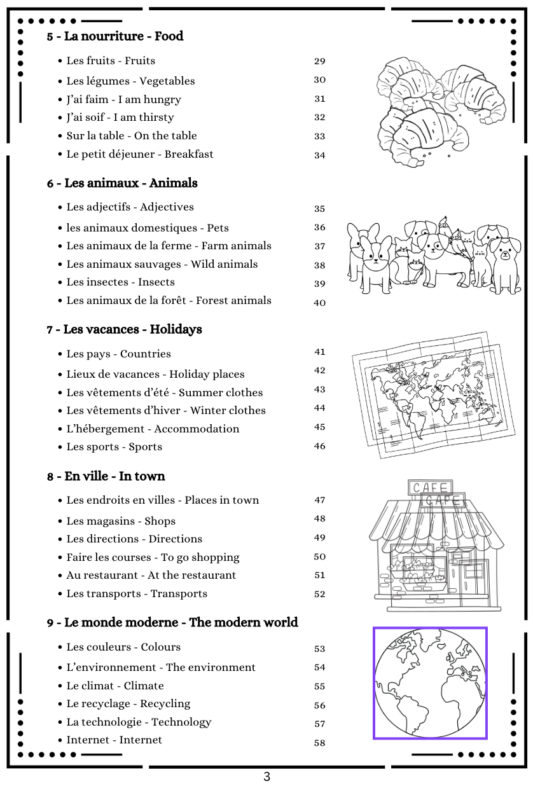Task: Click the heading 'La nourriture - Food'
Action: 115,36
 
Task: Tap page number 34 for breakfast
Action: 319,155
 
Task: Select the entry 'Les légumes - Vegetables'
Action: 130,81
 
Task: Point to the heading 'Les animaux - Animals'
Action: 122,183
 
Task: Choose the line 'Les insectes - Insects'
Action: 120,282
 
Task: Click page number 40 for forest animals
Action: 319,303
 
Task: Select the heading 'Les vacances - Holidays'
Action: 124,329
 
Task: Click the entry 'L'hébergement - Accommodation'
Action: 153,429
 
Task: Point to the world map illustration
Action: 428,394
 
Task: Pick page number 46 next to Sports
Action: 319,446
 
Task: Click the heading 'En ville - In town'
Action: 106,476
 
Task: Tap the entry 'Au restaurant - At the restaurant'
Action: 151,575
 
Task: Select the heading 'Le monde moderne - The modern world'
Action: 172,622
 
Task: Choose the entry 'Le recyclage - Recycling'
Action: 128,703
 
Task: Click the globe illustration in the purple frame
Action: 430,683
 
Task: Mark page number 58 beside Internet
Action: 319,743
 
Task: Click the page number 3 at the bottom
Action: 266,776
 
